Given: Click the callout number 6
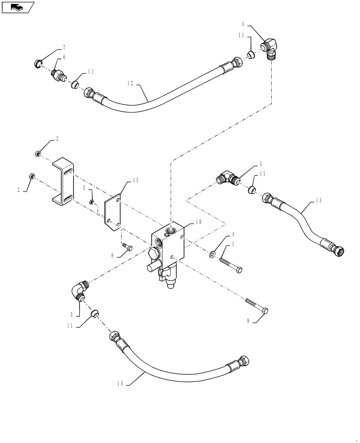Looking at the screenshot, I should click(x=64, y=57).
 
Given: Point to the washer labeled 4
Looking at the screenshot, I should click(x=212, y=254).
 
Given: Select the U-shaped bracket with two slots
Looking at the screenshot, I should click(x=64, y=183).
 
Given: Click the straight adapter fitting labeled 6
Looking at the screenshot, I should click(x=58, y=74).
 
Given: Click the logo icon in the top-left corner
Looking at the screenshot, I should click(x=18, y=8).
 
